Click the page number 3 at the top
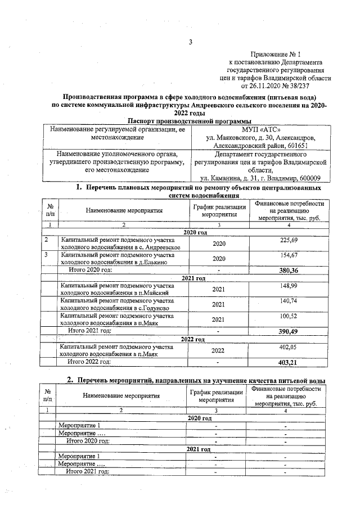[x=191, y=42]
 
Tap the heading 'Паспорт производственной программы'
[x=189, y=120]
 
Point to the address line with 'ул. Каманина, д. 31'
[x=260, y=178]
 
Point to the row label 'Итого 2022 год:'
[x=90, y=362]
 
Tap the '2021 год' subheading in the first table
[x=193, y=278]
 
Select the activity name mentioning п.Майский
[x=121, y=289]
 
